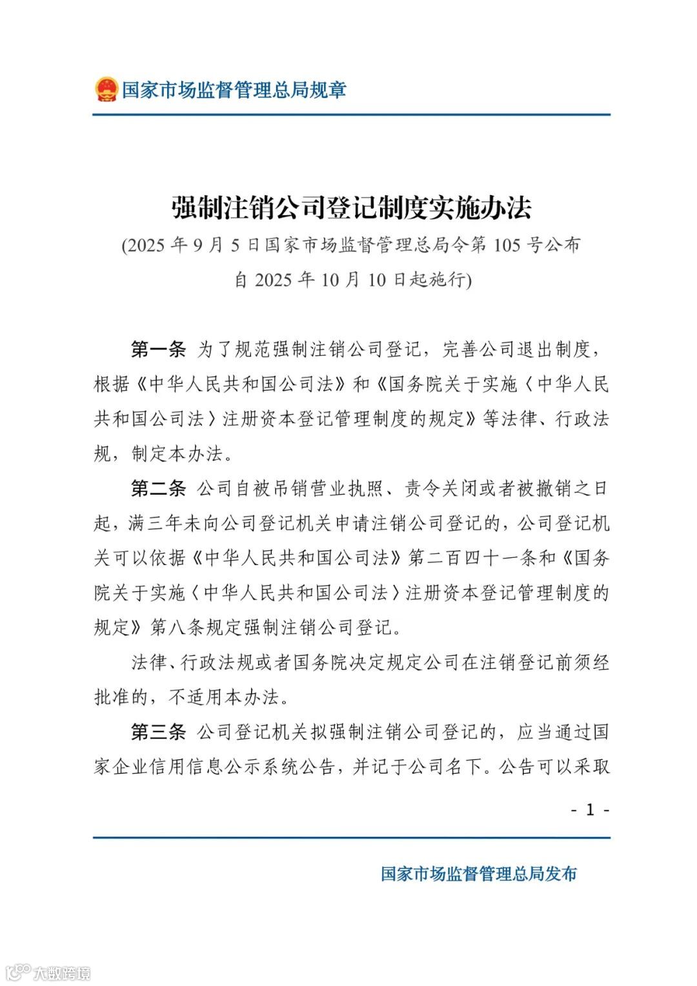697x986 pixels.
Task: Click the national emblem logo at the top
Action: click(106, 89)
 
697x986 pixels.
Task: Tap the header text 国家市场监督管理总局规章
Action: click(234, 89)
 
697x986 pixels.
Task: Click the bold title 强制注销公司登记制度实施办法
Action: click(352, 207)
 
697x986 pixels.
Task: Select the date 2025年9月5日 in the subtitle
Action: click(195, 245)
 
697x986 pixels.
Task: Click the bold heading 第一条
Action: click(158, 350)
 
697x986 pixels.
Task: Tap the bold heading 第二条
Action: click(158, 489)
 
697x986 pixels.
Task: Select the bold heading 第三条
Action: click(158, 732)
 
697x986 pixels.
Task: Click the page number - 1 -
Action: click(589, 810)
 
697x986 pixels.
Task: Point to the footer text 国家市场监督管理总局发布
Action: click(478, 874)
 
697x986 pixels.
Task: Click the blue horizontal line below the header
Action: click(352, 116)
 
